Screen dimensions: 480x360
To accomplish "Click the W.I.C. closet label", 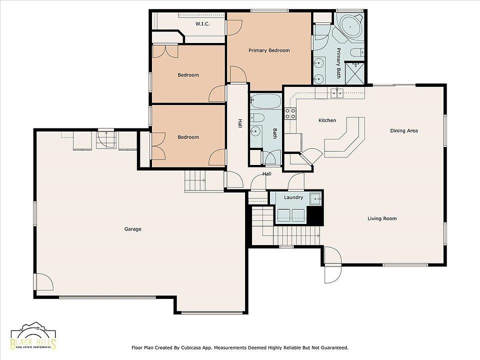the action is [202, 23].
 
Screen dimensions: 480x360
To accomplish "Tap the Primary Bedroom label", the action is [269, 50].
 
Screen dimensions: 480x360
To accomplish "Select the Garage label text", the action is [133, 229].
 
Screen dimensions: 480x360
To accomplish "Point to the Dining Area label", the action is [404, 130].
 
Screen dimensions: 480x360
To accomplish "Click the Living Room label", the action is [382, 218].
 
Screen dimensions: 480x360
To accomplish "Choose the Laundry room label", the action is [293, 197].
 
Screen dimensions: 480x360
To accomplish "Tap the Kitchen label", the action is [327, 120].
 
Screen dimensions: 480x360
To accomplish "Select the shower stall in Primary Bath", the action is [355, 73].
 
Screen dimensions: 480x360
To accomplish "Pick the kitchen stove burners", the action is [290, 113].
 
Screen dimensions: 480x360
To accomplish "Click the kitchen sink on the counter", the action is [336, 92].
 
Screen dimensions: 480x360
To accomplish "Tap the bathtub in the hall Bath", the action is [265, 101].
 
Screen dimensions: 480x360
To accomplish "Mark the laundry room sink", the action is [315, 198].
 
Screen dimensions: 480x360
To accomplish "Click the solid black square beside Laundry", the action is [315, 215].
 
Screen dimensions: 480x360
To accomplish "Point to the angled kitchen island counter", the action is [345, 137].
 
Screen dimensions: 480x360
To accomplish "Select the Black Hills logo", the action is [33, 336].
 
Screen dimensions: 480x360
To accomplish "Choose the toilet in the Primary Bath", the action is [357, 52].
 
